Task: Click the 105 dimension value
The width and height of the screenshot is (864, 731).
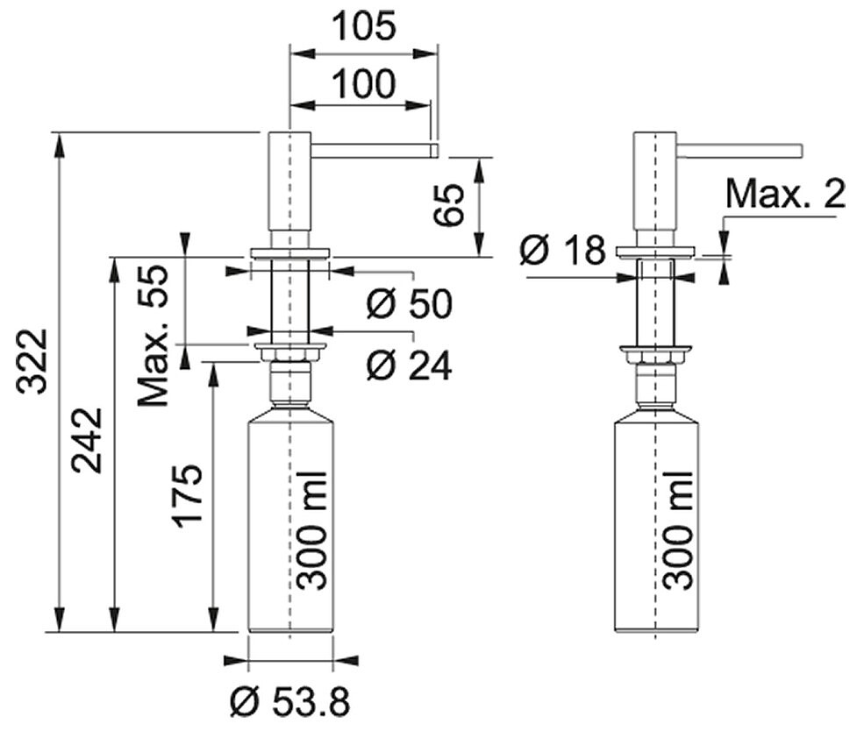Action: [x=365, y=26]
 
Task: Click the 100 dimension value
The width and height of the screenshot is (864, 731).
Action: [x=364, y=83]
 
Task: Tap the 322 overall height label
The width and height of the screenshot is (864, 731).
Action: [x=32, y=362]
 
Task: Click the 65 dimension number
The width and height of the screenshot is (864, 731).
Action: [x=448, y=205]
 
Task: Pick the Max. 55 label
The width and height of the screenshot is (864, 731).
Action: [x=152, y=337]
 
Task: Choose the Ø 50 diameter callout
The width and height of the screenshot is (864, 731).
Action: [x=409, y=303]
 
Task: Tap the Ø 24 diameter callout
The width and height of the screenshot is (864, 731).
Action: [x=409, y=365]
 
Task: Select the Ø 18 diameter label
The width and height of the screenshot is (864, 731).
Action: [x=562, y=251]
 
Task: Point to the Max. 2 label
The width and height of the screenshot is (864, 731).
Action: [x=785, y=194]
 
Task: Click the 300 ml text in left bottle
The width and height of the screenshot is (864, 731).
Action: [x=311, y=531]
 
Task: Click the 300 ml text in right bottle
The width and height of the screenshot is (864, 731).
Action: [x=678, y=531]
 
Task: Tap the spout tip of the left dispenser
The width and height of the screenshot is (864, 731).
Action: [x=435, y=150]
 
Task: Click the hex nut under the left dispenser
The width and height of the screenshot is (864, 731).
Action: [x=289, y=354]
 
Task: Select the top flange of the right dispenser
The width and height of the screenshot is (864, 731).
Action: [x=655, y=252]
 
